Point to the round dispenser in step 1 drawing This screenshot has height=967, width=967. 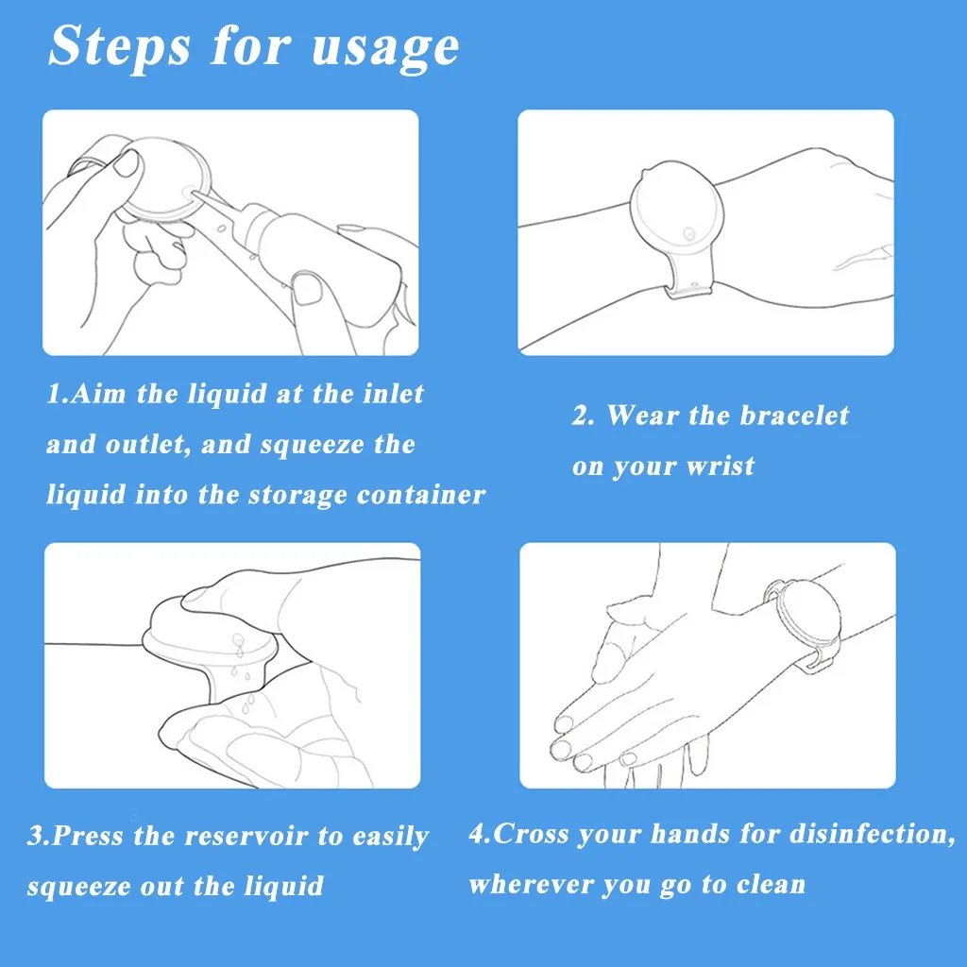(166, 178)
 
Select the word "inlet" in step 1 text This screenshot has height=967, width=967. (393, 394)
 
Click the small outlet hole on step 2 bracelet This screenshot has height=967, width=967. (688, 234)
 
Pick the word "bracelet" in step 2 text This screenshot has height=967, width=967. (794, 416)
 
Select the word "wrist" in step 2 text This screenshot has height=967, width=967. (720, 466)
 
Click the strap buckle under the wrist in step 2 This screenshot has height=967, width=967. (689, 288)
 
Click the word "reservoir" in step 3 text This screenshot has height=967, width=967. (246, 836)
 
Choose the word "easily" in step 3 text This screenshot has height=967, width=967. (390, 837)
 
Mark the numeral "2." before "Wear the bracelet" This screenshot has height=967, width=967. (583, 416)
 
